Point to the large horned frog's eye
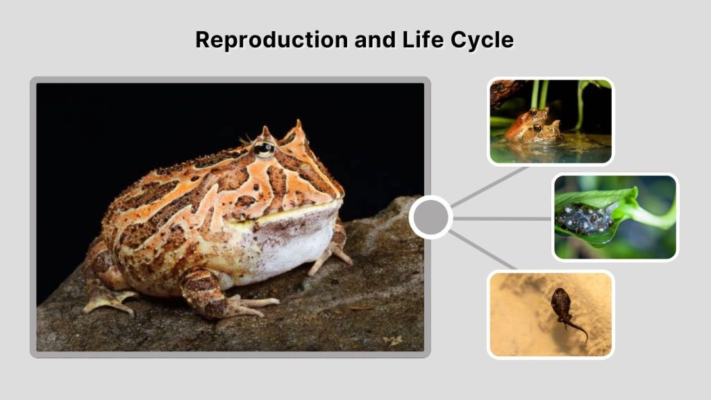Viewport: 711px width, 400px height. (x=263, y=147)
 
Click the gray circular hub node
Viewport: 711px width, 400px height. (x=430, y=217)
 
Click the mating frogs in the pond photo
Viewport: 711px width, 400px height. (x=533, y=127)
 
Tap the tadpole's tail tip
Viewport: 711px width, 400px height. (x=585, y=340)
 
